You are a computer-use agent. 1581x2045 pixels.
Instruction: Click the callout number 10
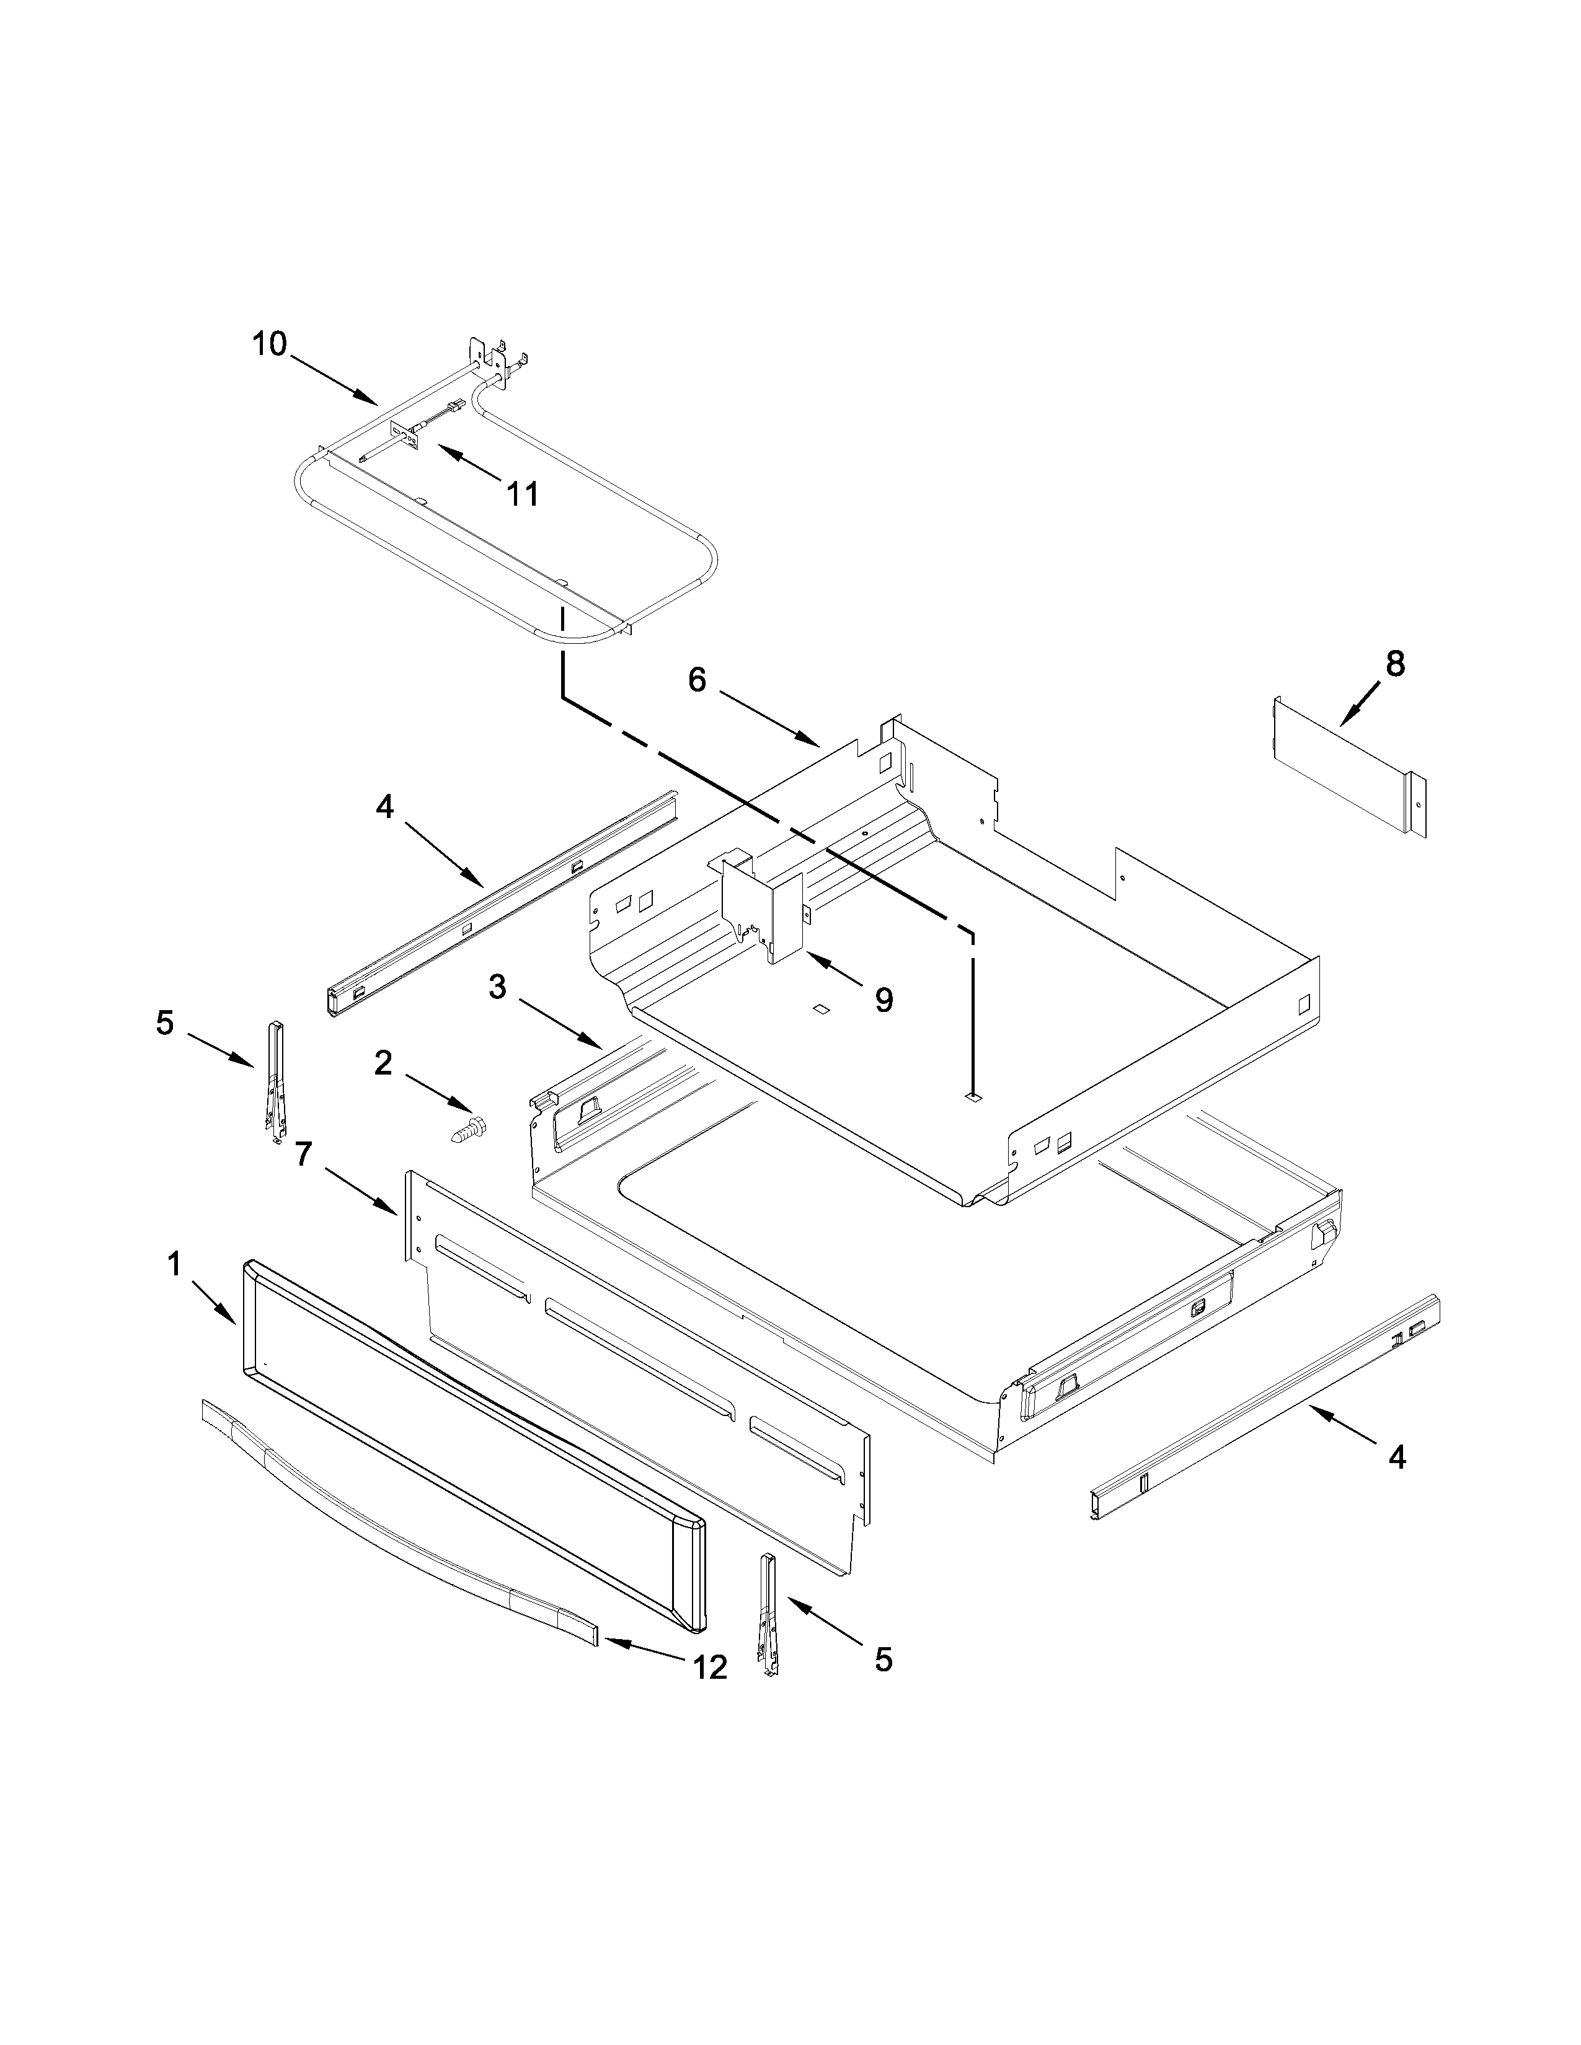[269, 344]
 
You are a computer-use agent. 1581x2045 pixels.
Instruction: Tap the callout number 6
[697, 680]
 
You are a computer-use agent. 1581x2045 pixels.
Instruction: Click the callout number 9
[883, 1000]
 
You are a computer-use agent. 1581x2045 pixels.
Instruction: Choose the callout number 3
[497, 986]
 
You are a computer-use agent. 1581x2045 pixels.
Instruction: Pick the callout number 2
[383, 1063]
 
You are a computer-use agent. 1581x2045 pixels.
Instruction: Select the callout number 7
[303, 1154]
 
